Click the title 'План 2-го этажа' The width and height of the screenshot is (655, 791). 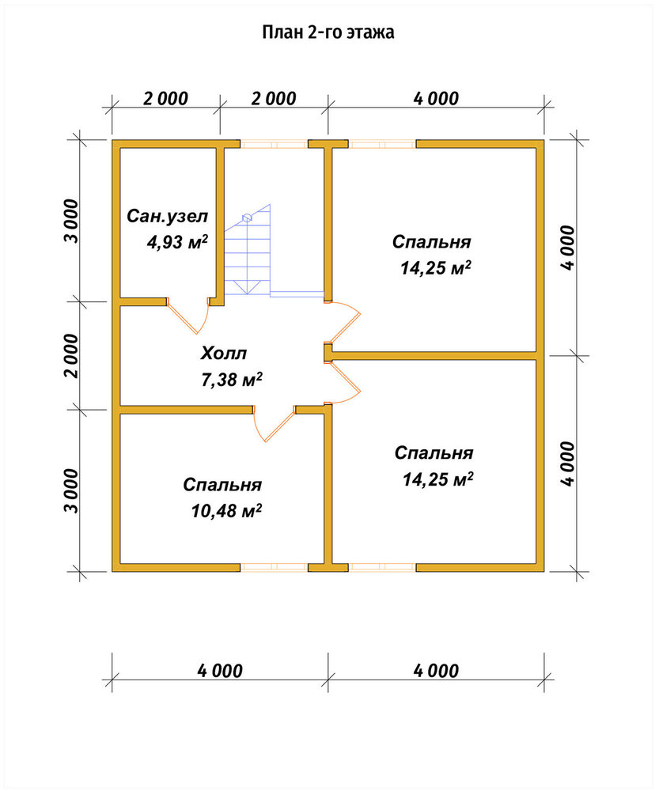pyautogui.click(x=328, y=32)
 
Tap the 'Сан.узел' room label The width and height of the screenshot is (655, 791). pyautogui.click(x=167, y=217)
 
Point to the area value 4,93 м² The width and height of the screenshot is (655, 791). pyautogui.click(x=177, y=242)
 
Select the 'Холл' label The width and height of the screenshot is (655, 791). pyautogui.click(x=224, y=353)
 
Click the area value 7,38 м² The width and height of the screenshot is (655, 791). pyautogui.click(x=232, y=380)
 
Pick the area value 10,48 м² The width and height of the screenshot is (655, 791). pyautogui.click(x=226, y=511)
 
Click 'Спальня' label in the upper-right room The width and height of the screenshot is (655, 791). pyautogui.click(x=431, y=242)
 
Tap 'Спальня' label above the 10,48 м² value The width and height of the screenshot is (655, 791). pyautogui.click(x=222, y=485)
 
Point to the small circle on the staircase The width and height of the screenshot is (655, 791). pyautogui.click(x=247, y=218)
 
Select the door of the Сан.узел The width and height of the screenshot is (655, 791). pyautogui.click(x=187, y=316)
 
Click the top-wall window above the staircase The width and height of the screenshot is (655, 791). pyautogui.click(x=274, y=144)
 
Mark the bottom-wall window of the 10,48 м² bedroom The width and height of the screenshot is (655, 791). pyautogui.click(x=274, y=567)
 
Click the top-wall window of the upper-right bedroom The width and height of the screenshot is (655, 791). pyautogui.click(x=382, y=144)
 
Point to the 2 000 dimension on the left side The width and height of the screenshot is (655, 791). pyautogui.click(x=73, y=356)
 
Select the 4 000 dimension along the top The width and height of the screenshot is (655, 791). pyautogui.click(x=437, y=99)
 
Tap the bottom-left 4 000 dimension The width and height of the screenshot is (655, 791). pyautogui.click(x=220, y=671)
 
